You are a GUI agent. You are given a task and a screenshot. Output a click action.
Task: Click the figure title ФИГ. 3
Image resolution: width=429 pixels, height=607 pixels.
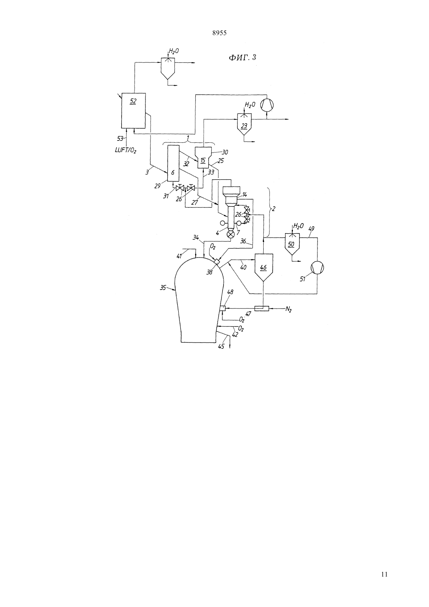click(243, 57)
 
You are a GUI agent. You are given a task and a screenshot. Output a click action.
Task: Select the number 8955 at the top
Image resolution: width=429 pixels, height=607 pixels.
click(219, 33)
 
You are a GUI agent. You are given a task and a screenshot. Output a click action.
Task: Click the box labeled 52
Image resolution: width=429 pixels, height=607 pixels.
click(133, 110)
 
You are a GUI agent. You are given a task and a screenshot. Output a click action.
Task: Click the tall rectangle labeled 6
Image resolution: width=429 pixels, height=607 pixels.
click(173, 163)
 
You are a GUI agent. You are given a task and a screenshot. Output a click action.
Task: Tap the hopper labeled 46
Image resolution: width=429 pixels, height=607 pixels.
click(264, 268)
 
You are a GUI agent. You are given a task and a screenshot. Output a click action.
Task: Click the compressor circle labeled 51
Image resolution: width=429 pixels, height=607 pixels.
click(317, 268)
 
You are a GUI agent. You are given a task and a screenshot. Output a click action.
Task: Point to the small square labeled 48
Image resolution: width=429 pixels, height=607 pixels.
click(222, 308)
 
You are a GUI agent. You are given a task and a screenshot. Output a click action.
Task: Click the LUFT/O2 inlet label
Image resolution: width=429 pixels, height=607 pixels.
click(126, 151)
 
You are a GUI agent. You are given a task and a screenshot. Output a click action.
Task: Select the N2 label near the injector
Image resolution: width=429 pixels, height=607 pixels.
click(289, 309)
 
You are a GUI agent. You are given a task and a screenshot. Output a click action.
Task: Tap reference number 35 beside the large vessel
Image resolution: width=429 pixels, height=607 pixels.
click(163, 288)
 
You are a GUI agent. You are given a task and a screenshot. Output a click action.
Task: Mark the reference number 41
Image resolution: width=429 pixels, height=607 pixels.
click(179, 256)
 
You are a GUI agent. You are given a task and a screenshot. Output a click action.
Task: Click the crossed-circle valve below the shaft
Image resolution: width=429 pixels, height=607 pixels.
click(230, 234)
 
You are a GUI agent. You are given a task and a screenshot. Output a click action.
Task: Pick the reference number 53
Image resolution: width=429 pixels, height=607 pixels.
click(120, 139)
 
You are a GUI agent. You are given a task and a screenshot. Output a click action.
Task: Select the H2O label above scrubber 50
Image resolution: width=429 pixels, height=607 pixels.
click(298, 226)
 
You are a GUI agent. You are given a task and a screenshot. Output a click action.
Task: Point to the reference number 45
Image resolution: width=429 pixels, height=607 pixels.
click(221, 346)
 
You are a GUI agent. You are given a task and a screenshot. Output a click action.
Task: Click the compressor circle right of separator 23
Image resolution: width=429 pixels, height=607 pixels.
click(267, 105)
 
